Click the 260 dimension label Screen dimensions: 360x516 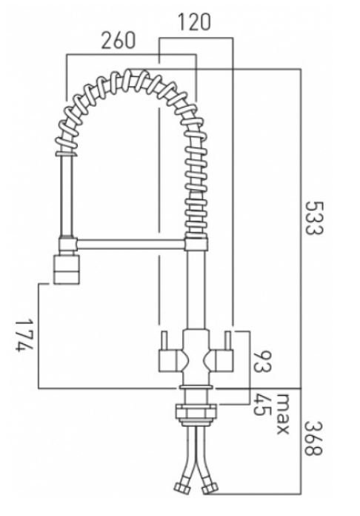click(x=118, y=40)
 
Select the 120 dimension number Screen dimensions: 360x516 click(x=194, y=22)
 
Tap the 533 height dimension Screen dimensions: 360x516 click(x=314, y=218)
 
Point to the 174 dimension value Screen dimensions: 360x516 click(x=24, y=335)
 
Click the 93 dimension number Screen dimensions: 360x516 click(x=262, y=362)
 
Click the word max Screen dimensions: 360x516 click(x=282, y=414)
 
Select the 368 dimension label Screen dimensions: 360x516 click(x=313, y=438)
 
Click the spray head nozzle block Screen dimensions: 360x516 click(x=67, y=269)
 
